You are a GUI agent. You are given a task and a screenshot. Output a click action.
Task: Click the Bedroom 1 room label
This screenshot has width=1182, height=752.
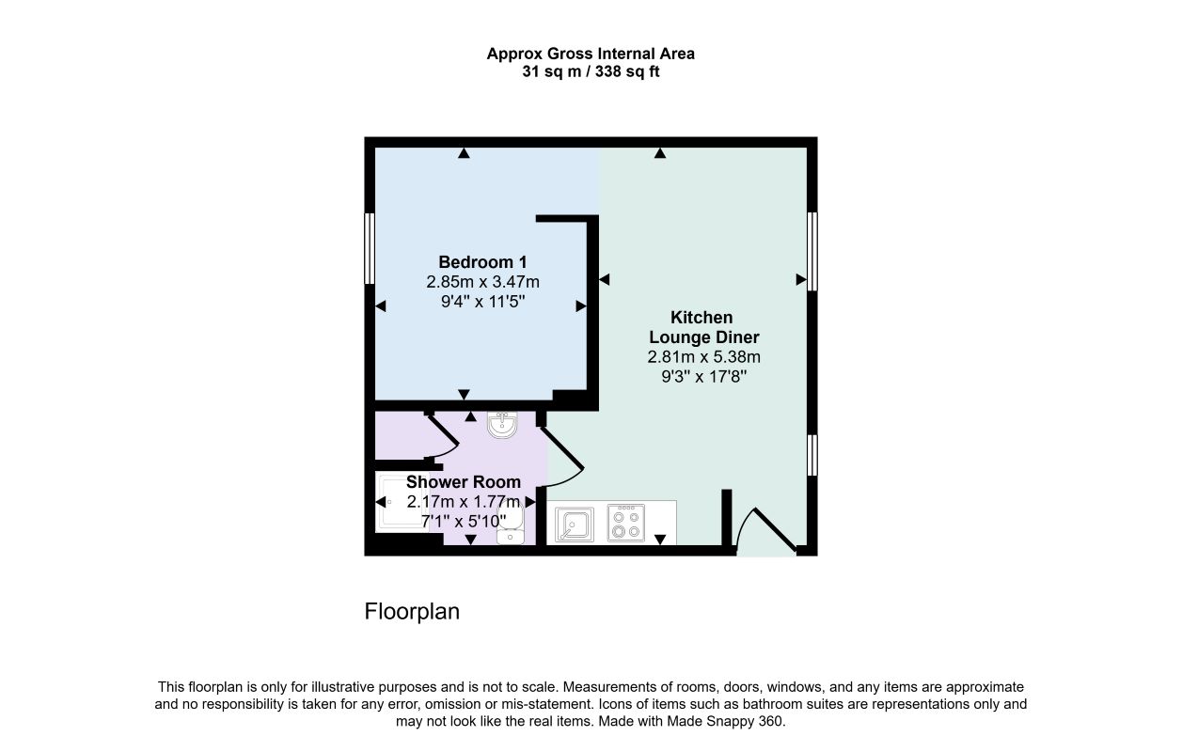click(x=482, y=262)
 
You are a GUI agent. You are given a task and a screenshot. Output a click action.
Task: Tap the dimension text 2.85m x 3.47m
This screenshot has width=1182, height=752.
click(x=482, y=282)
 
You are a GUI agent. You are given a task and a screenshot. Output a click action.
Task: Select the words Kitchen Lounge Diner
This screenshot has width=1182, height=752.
click(x=703, y=327)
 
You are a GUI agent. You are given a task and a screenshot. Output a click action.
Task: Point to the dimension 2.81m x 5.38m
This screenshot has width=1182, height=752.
click(x=704, y=357)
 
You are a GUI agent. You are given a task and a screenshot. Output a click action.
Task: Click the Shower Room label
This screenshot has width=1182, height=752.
click(x=464, y=482)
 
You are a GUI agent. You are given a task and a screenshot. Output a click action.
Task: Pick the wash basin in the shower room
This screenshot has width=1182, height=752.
click(x=502, y=425)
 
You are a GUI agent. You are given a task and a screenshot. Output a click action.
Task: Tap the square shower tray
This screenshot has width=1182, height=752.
click(x=402, y=503)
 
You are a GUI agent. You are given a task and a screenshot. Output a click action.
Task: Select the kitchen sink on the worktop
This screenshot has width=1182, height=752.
click(x=575, y=525)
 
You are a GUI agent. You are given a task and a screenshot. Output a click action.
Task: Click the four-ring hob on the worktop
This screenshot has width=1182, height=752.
click(x=626, y=524)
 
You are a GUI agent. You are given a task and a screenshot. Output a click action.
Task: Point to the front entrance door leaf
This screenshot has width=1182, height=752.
click(x=775, y=529)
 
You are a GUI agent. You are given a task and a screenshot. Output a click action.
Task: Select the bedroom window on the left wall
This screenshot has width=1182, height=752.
click(x=370, y=249)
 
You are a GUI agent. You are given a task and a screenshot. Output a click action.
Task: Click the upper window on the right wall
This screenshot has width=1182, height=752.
click(x=812, y=252)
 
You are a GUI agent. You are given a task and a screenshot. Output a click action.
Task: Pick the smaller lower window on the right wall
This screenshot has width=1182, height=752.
click(x=812, y=455)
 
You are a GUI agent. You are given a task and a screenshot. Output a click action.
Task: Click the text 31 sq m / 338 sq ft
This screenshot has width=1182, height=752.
click(x=591, y=71)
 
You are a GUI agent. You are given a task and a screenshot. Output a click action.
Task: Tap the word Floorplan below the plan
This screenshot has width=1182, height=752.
click(x=412, y=612)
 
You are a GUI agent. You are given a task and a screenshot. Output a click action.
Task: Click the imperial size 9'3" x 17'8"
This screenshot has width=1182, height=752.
click(x=704, y=377)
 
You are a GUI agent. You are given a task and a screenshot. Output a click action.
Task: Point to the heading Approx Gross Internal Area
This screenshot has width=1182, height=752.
click(x=591, y=54)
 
